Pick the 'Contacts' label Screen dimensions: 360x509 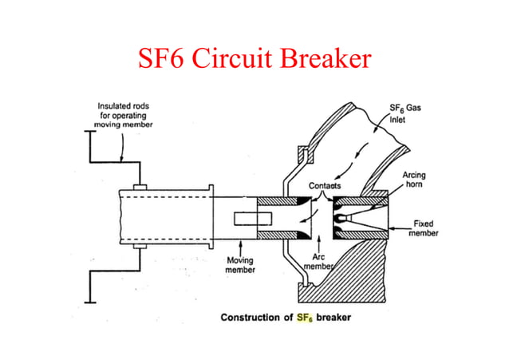point(325,185)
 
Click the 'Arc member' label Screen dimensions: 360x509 point(320,263)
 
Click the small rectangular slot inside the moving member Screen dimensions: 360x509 point(243,219)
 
